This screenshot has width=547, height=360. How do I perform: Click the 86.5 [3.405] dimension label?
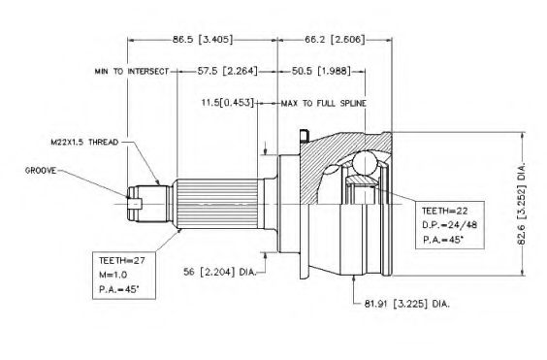click(x=203, y=39)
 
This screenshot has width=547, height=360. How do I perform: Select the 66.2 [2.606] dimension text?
click(x=335, y=39)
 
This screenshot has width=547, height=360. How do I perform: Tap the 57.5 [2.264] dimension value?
click(x=228, y=71)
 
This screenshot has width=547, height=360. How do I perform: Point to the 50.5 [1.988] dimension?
click(x=321, y=71)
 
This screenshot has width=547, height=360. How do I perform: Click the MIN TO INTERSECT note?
click(x=132, y=72)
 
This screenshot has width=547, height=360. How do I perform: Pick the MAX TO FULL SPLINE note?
click(x=324, y=104)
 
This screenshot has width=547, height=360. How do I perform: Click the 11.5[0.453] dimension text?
click(x=227, y=103)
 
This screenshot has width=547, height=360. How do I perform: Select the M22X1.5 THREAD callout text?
click(x=84, y=142)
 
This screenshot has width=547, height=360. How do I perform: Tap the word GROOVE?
click(x=41, y=171)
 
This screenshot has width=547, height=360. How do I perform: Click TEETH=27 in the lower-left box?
click(x=122, y=260)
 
